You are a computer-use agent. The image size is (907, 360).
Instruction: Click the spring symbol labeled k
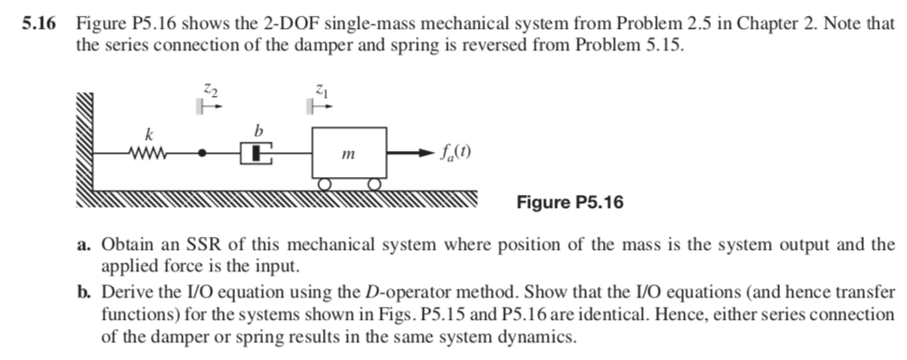tap(150, 149)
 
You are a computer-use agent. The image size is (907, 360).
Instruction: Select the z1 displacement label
tap(320, 90)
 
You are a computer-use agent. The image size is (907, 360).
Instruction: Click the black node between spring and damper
tap(202, 150)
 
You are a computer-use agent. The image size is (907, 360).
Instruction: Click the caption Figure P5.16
tap(569, 202)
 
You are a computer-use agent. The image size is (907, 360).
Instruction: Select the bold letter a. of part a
tap(84, 246)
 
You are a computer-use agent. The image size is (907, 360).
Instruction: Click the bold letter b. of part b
tap(84, 291)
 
